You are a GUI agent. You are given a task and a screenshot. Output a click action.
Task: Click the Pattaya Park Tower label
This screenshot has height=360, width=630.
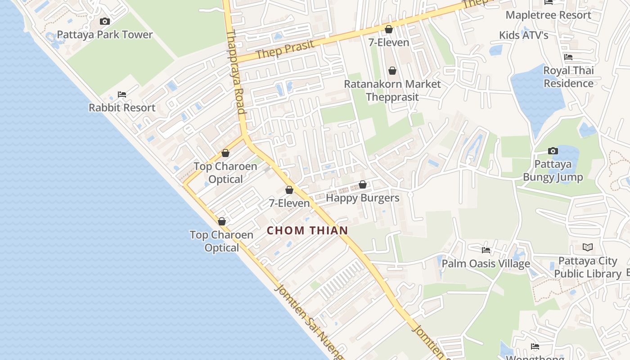[x=105, y=35]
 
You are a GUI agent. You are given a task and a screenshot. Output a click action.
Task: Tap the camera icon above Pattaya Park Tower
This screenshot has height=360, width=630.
[x=105, y=21]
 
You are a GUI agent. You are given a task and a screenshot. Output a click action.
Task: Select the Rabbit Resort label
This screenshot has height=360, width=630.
[x=122, y=108]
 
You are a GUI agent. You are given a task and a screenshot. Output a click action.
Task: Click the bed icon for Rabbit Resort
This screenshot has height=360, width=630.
[x=122, y=94]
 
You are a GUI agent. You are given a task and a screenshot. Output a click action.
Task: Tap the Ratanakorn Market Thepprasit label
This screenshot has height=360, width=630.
[x=392, y=90]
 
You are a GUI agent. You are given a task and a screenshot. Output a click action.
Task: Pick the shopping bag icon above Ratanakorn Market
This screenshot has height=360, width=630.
[x=392, y=71]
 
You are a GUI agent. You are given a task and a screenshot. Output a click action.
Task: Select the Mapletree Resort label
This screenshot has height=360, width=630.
[x=548, y=15]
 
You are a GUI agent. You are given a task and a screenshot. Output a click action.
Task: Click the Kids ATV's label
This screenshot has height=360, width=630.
[x=524, y=35]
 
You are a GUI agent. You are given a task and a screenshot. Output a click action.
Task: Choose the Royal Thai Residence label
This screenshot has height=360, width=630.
[x=568, y=77]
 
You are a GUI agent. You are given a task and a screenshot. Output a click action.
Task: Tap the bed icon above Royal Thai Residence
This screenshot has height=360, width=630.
[x=568, y=57]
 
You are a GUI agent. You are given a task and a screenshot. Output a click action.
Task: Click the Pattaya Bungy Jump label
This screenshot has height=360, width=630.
[x=553, y=171]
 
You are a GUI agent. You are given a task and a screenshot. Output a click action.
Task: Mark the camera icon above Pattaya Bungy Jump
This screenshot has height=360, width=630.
[x=553, y=151]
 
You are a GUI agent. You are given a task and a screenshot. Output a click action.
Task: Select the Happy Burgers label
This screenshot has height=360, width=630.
[x=362, y=198]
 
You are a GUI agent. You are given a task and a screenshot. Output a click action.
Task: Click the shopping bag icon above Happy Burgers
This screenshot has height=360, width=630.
[x=362, y=184]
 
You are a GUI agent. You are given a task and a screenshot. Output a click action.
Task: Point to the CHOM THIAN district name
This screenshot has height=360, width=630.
[x=307, y=230]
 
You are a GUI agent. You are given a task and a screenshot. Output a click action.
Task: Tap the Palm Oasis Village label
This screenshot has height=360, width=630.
[x=486, y=264]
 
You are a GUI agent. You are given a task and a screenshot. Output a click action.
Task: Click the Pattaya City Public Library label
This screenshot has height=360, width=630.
[x=587, y=267]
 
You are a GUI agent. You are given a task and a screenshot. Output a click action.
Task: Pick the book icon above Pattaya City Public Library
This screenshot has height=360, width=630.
[x=587, y=247]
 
